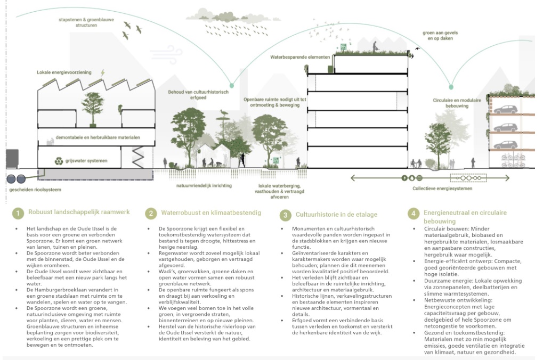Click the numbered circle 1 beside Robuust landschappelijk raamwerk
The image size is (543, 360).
(x=18, y=214)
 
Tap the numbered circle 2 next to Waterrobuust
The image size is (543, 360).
(x=151, y=214)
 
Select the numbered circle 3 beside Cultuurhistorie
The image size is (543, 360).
(x=286, y=215)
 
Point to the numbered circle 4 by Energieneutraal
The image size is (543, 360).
(x=414, y=214)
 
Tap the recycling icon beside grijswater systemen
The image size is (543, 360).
(x=59, y=160)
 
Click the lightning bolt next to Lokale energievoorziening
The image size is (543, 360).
(x=103, y=72)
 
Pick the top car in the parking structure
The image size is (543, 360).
(x=504, y=110)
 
